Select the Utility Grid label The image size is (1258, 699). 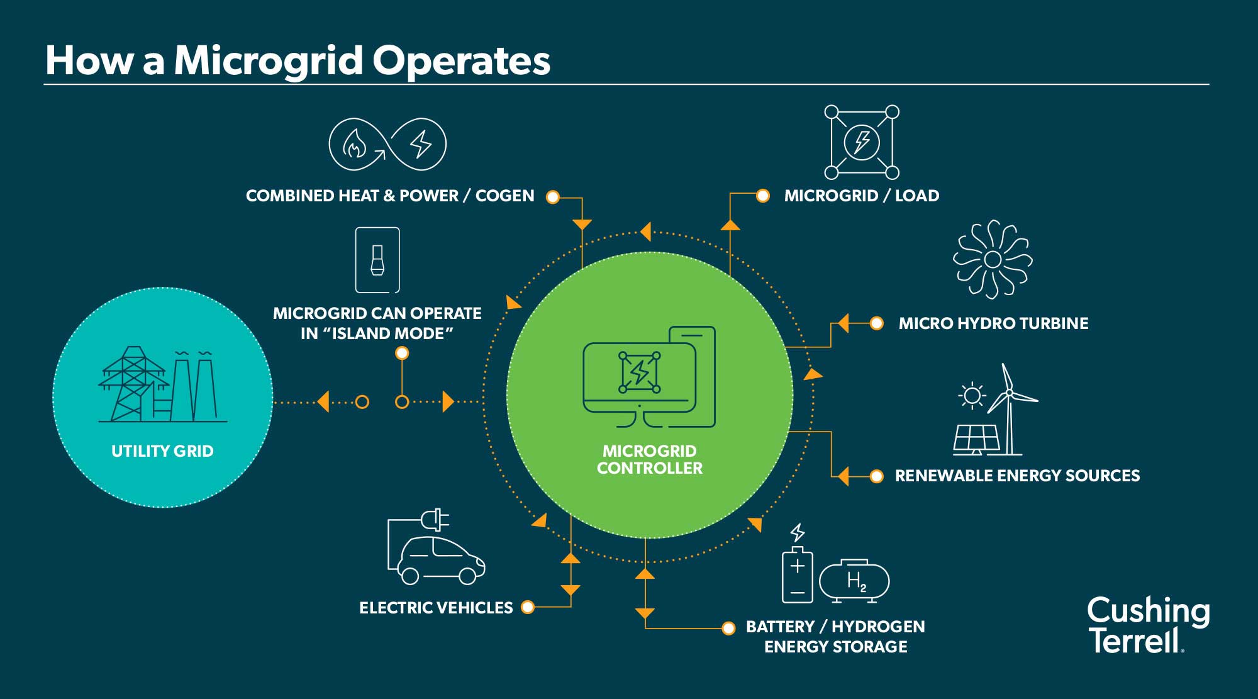162,451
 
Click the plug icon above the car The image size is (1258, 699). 435,520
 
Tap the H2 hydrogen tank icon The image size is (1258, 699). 854,581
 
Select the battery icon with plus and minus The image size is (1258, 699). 797,575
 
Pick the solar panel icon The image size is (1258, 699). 976,439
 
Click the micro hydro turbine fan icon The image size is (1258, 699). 993,259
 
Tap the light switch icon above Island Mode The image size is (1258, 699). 377,260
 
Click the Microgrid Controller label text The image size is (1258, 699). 650,459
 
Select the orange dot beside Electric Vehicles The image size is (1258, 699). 528,607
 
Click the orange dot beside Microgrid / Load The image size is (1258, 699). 762,196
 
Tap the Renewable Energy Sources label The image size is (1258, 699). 1017,476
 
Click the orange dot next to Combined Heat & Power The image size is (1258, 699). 553,197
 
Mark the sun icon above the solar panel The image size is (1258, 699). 972,396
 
